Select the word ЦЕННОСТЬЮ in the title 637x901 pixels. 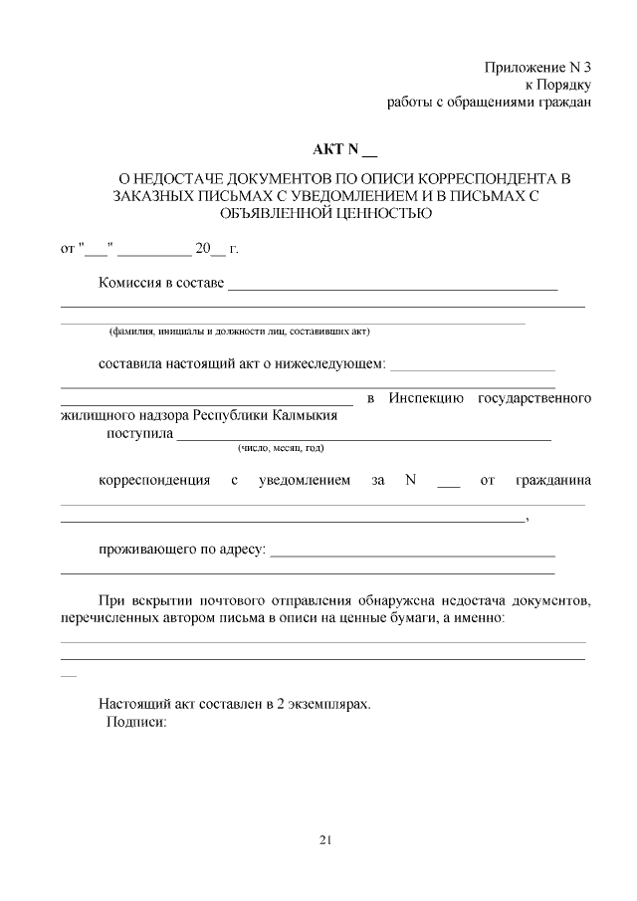[x=381, y=212]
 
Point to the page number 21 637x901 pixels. [x=324, y=839]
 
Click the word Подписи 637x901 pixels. [x=135, y=723]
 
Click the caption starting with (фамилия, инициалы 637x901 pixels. [x=239, y=331]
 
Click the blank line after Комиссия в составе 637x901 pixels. [x=392, y=288]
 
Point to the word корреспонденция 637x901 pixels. [x=154, y=481]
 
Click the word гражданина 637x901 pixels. [x=553, y=481]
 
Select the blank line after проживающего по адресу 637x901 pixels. [x=412, y=554]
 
